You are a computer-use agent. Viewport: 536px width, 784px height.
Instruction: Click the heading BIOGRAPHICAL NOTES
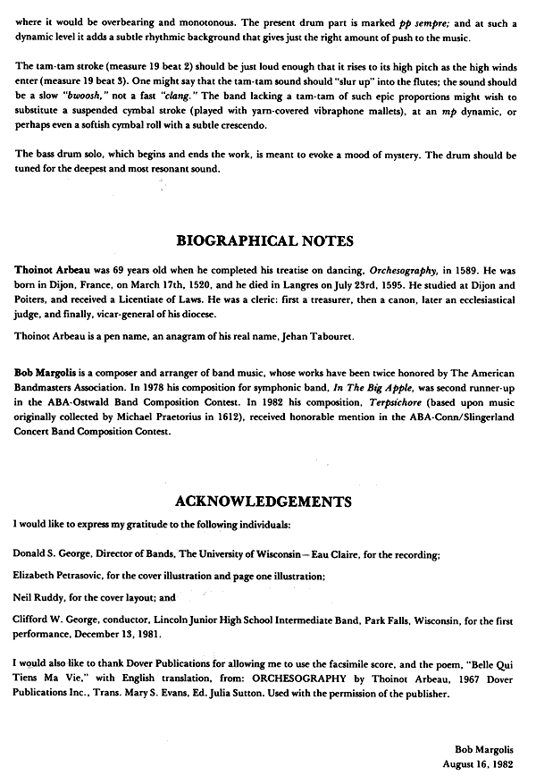click(266, 240)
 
